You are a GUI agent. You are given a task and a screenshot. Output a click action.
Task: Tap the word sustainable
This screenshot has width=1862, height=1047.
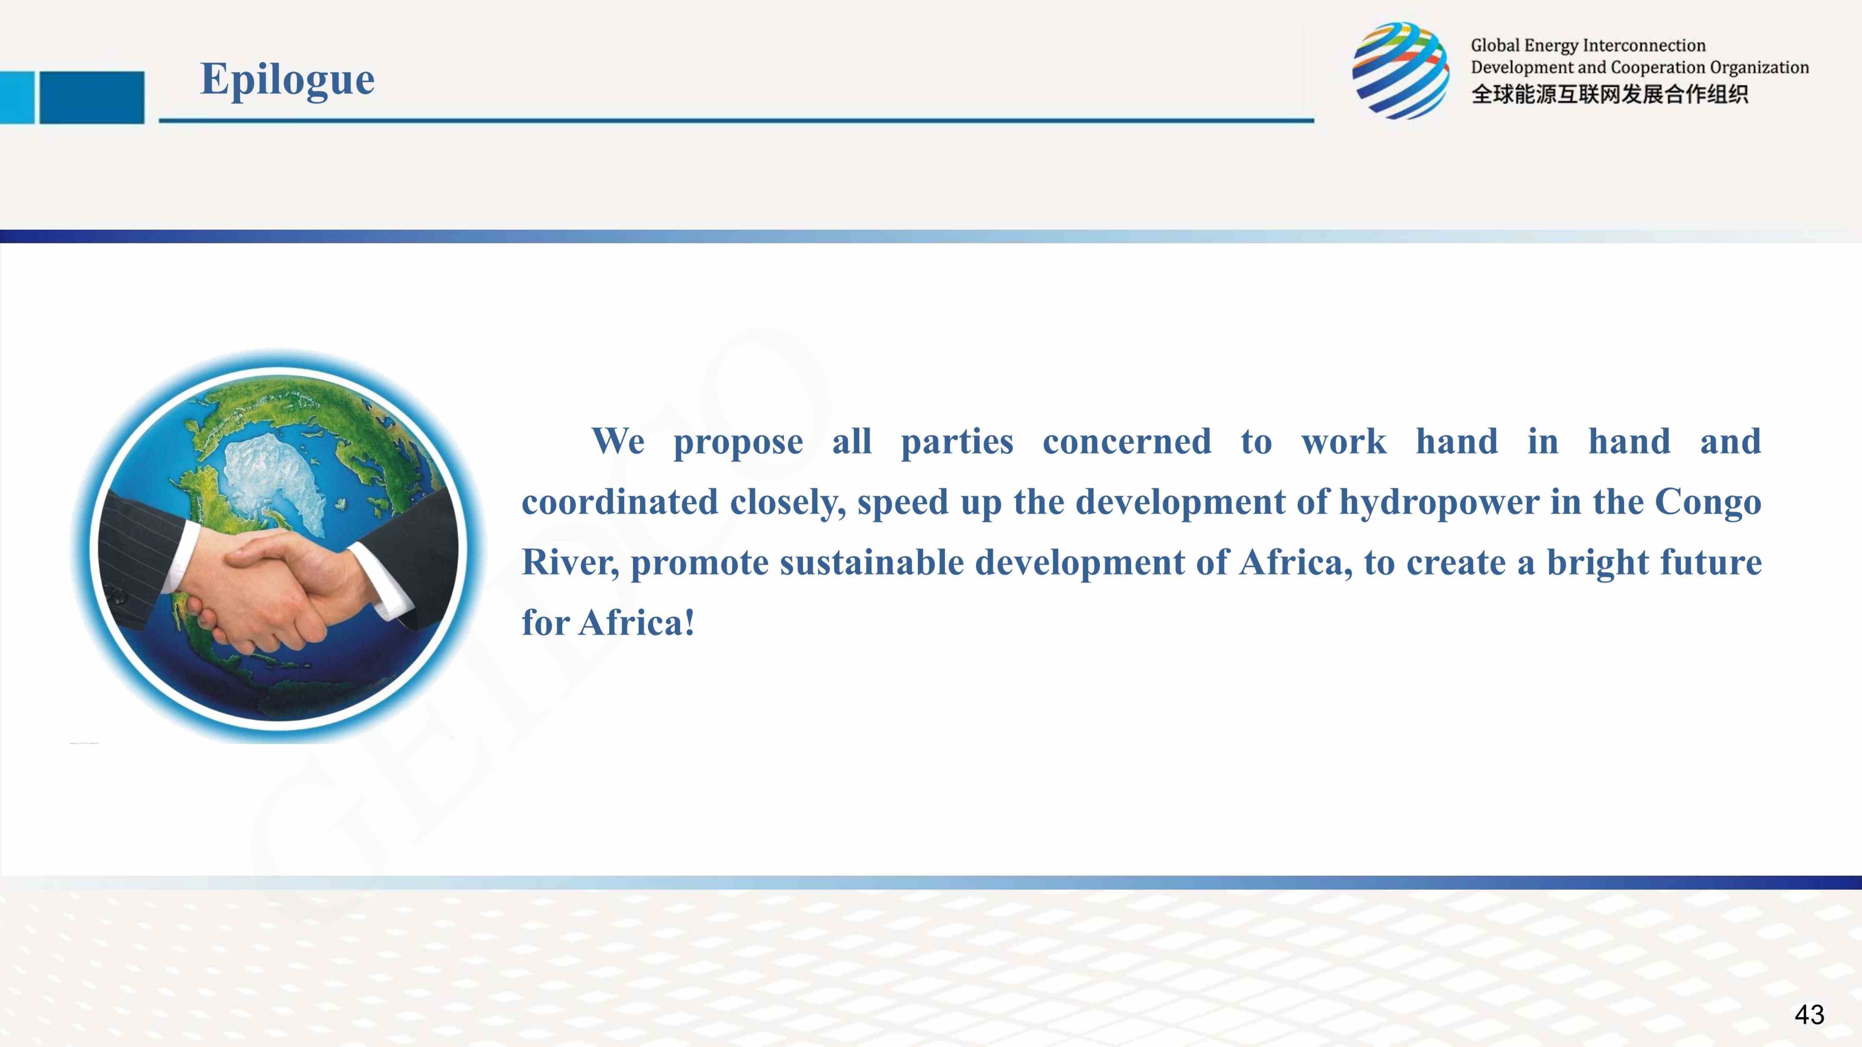[x=872, y=562]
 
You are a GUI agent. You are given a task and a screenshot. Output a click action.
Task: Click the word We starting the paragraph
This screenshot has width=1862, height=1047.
[x=618, y=442]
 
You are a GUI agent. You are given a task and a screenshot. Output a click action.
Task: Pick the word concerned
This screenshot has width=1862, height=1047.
[x=1127, y=442]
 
